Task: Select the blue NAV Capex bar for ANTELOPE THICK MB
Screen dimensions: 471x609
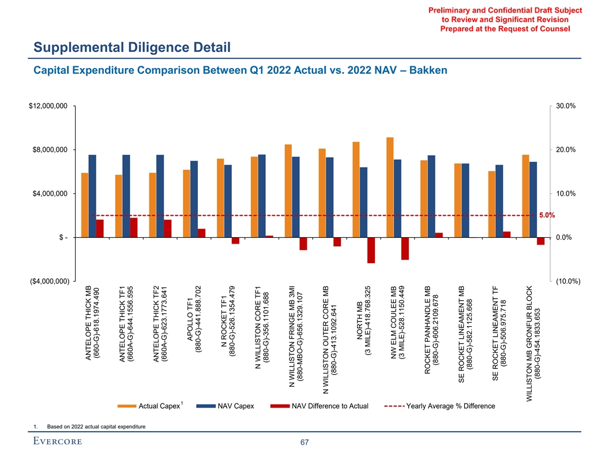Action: [x=92, y=196]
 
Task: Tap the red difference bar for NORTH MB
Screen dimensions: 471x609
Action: [x=371, y=250]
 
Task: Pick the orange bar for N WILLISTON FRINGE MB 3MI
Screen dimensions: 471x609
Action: [x=288, y=190]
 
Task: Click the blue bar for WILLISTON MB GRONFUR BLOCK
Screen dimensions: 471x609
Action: [x=533, y=199]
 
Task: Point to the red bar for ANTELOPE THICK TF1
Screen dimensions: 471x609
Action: [x=134, y=227]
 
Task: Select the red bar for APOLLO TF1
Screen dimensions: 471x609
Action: [x=201, y=233]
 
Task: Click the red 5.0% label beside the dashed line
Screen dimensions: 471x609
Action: [x=547, y=215]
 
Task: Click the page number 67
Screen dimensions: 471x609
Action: [x=304, y=443]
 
